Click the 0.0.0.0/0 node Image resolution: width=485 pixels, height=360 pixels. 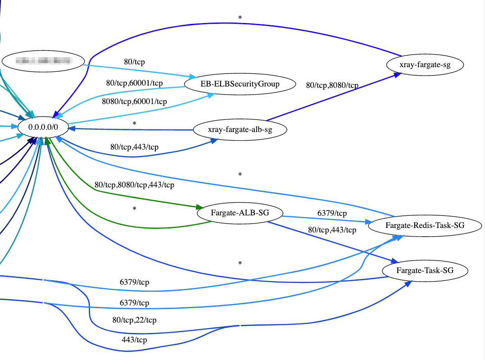(43, 127)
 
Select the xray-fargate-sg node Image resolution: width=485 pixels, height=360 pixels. (425, 65)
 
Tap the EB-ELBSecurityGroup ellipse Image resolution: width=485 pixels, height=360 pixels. (240, 84)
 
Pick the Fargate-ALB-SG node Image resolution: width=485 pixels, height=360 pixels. (240, 213)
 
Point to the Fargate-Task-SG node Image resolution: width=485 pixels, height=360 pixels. (425, 271)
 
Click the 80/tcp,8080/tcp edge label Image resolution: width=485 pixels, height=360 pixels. (332, 85)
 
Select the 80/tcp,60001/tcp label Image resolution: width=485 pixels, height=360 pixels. (134, 83)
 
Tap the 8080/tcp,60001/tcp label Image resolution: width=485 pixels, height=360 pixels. (134, 102)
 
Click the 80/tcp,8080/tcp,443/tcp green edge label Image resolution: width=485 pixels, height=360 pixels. (134, 185)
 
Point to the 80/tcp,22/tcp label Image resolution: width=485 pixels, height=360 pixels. (134, 320)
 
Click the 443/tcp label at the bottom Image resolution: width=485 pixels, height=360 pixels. (134, 340)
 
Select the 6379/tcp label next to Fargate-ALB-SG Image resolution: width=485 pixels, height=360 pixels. (332, 213)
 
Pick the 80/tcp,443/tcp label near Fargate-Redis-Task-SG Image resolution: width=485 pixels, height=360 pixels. (332, 230)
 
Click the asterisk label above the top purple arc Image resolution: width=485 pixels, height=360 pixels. (240, 18)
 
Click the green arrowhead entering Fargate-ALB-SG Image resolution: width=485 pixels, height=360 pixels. (199, 207)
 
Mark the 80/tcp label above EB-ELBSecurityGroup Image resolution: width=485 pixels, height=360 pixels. (134, 61)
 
